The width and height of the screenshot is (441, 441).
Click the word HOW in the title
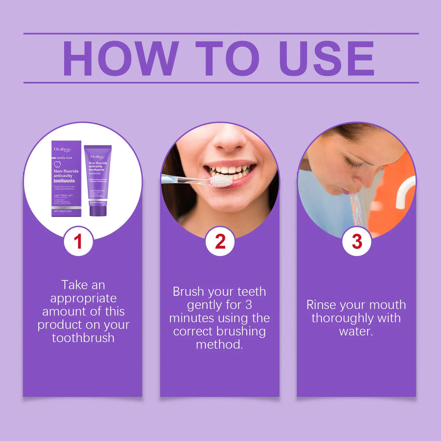(x=121, y=58)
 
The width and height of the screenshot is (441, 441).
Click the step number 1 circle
(x=79, y=242)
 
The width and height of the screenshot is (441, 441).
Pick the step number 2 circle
(x=220, y=242)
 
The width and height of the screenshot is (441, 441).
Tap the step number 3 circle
(x=356, y=242)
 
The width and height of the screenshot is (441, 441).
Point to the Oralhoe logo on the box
(x=63, y=149)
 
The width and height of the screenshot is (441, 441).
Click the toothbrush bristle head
(x=221, y=181)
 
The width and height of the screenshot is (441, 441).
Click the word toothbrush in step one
(x=83, y=338)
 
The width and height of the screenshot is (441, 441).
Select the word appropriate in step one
(x=83, y=298)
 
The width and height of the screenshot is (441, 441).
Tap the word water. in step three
(x=356, y=331)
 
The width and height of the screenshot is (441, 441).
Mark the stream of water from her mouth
(x=356, y=209)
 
